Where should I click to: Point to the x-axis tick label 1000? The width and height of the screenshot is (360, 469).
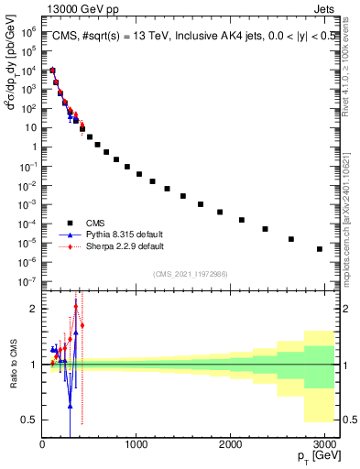pos(136,445)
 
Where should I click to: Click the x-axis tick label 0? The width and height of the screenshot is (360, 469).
pos(42,445)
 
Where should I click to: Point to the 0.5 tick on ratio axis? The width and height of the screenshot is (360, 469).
pos(27,420)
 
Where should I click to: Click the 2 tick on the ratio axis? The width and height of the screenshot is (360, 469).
pos(32,310)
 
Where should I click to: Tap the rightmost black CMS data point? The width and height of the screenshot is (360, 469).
pos(319,249)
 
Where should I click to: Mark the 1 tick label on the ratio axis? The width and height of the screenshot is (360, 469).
pos(32,365)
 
